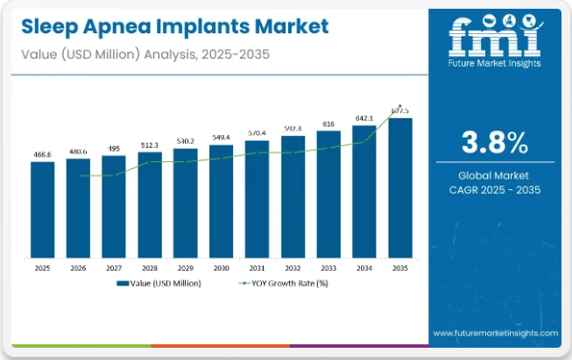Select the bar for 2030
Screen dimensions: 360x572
221,203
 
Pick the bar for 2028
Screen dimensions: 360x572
150,208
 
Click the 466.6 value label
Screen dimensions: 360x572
42,154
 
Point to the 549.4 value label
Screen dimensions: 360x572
221,138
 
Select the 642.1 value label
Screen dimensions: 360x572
364,117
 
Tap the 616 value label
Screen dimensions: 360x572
328,124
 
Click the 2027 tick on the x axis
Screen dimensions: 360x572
114,269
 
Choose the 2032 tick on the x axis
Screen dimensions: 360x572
293,269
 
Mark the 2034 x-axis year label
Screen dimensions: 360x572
364,269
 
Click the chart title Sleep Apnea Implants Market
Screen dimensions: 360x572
171,27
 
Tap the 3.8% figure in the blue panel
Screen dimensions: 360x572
495,142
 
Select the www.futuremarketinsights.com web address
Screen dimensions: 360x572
495,333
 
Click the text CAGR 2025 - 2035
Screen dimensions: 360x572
495,190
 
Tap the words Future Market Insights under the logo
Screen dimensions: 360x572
494,63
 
